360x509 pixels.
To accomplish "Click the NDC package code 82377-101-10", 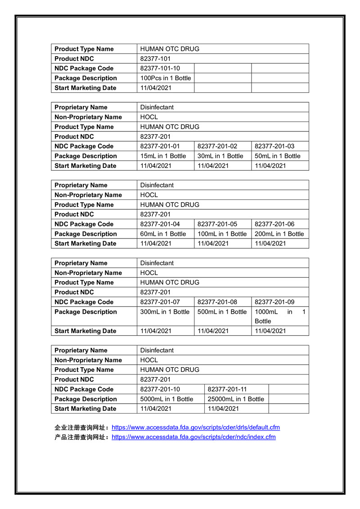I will click(x=160, y=68).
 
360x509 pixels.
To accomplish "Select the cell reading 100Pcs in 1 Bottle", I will click(x=166, y=78).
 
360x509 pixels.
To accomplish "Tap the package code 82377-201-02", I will click(x=217, y=146).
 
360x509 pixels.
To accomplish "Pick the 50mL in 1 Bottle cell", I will click(x=278, y=156).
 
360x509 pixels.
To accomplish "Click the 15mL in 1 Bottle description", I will click(x=163, y=156).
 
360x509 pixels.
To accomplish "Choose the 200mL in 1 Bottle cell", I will click(x=279, y=234).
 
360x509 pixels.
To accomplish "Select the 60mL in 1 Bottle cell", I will click(x=163, y=234).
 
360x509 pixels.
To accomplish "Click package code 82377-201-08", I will click(x=217, y=302).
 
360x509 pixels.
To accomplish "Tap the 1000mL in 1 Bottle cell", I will click(x=280, y=316).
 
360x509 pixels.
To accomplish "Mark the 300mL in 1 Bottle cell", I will click(x=165, y=312).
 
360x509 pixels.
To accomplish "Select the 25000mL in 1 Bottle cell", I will click(x=236, y=399).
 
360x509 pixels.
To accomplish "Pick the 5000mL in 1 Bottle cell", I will click(x=166, y=399).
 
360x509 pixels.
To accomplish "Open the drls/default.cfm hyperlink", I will click(x=196, y=428).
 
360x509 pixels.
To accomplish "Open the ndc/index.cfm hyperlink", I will click(x=193, y=437).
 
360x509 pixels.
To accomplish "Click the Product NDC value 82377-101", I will click(x=155, y=59).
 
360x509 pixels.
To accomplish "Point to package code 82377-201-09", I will click(x=275, y=302).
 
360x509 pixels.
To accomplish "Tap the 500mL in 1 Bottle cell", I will click(x=222, y=312).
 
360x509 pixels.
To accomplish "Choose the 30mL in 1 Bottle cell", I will click(x=220, y=156).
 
